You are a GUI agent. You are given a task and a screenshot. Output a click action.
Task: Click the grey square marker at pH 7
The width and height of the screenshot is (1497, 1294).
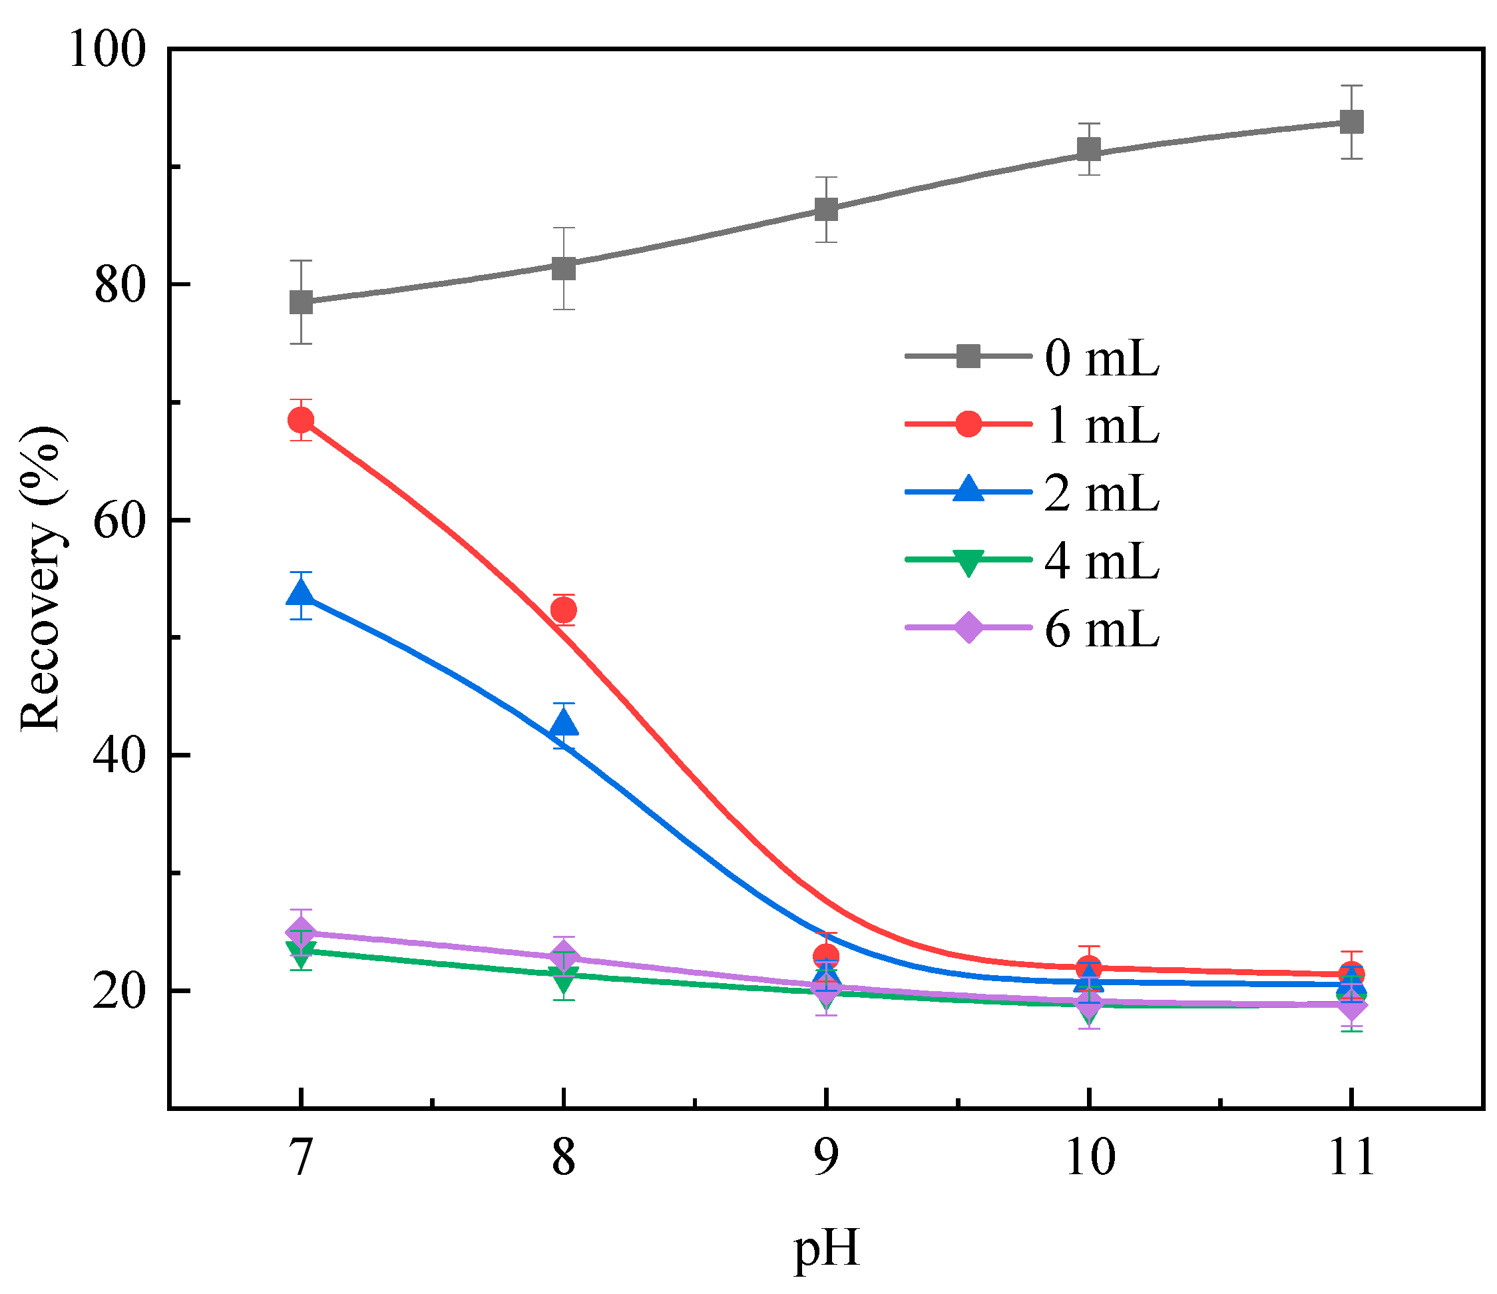[302, 302]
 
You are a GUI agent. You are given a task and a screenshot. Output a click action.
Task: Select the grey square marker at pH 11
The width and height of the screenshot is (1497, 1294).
[1351, 121]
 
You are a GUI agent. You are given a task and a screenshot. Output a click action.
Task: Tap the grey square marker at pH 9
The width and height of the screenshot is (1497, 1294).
[826, 210]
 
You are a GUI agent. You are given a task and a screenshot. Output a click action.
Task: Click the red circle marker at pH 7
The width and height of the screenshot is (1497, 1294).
[302, 420]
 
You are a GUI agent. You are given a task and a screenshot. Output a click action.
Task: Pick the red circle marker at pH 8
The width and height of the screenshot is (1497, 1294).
[564, 610]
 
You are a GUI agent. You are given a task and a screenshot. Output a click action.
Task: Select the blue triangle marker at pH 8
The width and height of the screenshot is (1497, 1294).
[564, 724]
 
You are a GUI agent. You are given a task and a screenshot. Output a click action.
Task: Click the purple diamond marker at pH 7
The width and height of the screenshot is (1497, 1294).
[302, 932]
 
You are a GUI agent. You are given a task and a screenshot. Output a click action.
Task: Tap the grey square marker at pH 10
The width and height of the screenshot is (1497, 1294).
[1089, 150]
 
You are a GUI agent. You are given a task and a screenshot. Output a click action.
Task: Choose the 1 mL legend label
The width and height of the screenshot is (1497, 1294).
[1101, 425]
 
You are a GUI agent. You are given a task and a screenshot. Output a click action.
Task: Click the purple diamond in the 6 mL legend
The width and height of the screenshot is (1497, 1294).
[968, 627]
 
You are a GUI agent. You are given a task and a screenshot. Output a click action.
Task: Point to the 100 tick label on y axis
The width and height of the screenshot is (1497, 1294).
[107, 51]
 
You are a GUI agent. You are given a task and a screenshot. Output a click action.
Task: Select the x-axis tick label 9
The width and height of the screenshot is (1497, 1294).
[826, 1158]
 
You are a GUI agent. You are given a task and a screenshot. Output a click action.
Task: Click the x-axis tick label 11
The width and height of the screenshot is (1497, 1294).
[1351, 1158]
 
